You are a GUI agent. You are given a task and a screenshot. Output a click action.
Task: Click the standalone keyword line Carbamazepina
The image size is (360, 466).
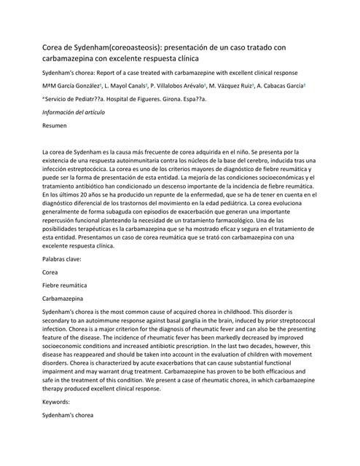(63, 298)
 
